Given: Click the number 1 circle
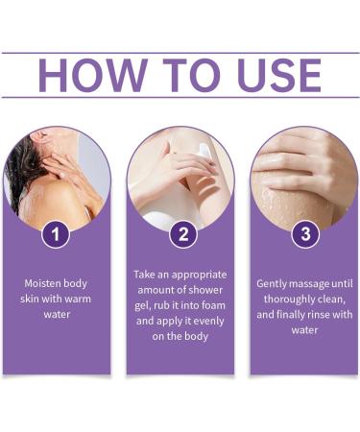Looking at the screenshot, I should [56, 233].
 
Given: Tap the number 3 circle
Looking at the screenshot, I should [304, 233].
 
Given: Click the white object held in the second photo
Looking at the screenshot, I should [204, 151].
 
